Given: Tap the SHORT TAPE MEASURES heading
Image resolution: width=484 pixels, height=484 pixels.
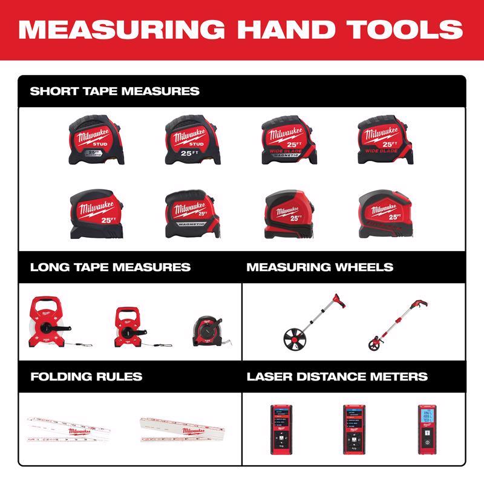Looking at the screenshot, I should pyautogui.click(x=114, y=92).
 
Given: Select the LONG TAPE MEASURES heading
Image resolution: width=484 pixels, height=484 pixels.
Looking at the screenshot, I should pyautogui.click(x=110, y=267).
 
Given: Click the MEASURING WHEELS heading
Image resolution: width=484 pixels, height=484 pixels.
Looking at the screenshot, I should pyautogui.click(x=320, y=267).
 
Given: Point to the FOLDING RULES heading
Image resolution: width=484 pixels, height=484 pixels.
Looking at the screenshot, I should pyautogui.click(x=86, y=376).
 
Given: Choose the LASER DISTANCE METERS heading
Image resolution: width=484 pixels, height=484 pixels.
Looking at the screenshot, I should pyautogui.click(x=337, y=376).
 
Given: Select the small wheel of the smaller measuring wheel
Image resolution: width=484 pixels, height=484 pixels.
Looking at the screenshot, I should pyautogui.click(x=374, y=345).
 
